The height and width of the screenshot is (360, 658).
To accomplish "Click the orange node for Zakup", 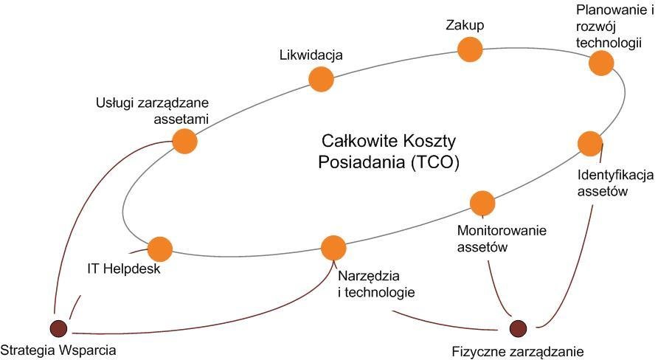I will click(470, 49).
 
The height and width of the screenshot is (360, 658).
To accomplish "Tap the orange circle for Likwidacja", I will click(320, 78).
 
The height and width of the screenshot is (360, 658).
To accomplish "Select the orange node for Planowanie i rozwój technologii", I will click(601, 63).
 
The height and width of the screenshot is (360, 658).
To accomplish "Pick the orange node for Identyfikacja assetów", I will click(589, 143).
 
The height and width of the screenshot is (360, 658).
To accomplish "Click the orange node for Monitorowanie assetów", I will click(482, 203).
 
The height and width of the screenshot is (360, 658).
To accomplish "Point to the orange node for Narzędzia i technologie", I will click(333, 247).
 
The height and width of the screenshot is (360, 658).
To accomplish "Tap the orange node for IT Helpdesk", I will click(160, 249).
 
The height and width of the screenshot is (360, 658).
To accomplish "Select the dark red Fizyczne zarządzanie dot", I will click(518, 327).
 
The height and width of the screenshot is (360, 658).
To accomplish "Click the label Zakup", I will click(465, 25).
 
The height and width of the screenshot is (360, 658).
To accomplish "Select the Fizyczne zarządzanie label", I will click(518, 352).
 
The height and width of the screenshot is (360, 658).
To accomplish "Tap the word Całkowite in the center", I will click(351, 141).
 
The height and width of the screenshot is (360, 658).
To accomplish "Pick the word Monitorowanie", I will click(502, 231).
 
